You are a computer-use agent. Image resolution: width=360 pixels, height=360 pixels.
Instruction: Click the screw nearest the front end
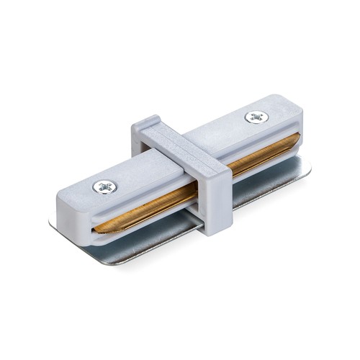104,187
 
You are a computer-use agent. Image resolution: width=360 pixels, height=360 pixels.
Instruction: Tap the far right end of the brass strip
296,137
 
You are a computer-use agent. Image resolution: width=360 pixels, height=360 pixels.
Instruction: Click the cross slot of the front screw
104,187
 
